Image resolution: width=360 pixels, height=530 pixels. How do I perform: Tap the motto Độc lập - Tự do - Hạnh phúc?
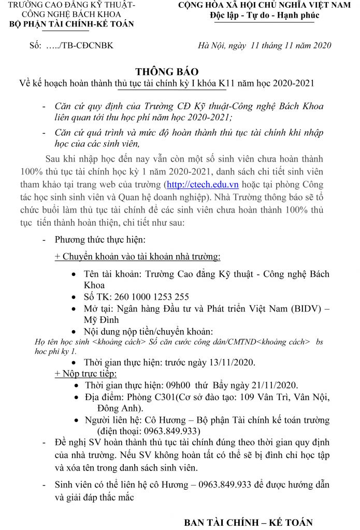point(265,15)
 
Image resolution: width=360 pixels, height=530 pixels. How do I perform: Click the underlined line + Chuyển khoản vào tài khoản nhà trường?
point(137,257)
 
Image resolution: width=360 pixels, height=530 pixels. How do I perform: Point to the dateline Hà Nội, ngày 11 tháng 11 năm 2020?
point(264,46)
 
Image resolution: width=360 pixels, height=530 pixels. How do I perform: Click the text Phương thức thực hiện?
point(100,240)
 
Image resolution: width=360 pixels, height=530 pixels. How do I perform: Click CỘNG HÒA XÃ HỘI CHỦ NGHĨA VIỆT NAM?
point(264,5)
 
